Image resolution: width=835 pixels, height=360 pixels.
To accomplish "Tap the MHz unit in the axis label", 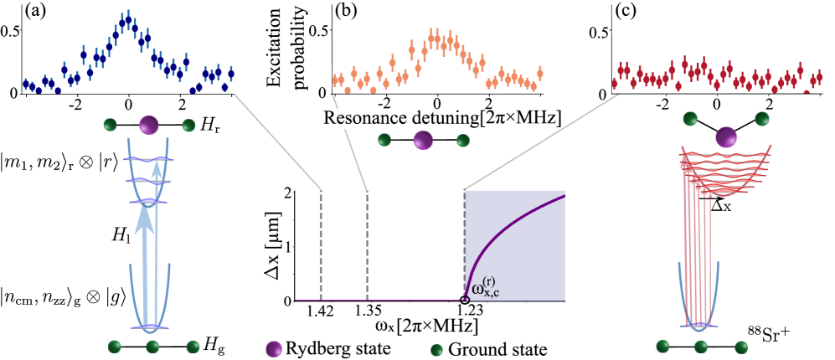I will click(538, 120).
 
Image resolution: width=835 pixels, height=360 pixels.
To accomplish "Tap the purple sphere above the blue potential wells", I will click(148, 126).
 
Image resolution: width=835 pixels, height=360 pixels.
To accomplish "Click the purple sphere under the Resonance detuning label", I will click(423, 140).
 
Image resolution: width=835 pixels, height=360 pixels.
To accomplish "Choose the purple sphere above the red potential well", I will click(726, 137).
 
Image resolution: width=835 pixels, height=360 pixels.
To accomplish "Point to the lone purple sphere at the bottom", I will click(274, 348).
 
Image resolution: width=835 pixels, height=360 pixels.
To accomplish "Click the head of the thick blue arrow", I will click(145, 217).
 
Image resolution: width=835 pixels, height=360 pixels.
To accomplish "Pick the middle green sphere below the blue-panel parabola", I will click(152, 346).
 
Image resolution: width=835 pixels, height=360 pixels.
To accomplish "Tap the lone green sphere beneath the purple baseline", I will click(436, 350).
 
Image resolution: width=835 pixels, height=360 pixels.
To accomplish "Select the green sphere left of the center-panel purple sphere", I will click(384, 140).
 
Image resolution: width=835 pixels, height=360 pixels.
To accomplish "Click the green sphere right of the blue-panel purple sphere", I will click(188, 126).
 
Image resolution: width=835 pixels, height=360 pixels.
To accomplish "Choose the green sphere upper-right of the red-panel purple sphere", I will click(761, 118).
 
